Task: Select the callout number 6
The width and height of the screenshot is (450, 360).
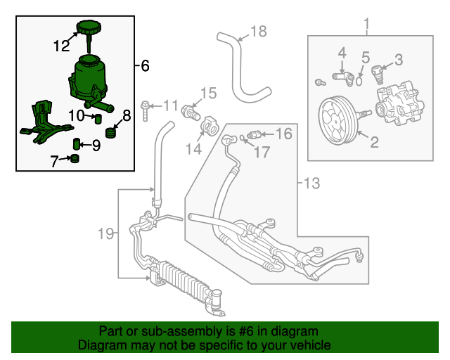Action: click(x=144, y=66)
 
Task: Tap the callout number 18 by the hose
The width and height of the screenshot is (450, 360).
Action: click(x=259, y=31)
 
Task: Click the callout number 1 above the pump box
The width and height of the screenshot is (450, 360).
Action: click(x=366, y=27)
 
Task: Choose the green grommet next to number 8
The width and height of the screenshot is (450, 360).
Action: click(x=110, y=132)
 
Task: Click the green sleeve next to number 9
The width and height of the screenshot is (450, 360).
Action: click(x=77, y=145)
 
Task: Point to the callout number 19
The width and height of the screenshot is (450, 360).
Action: click(x=105, y=233)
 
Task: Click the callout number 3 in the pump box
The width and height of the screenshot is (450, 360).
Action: click(x=398, y=60)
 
